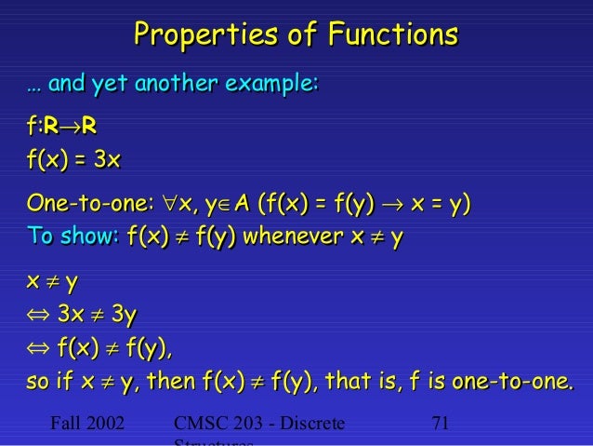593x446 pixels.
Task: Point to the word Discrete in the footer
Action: pos(310,425)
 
